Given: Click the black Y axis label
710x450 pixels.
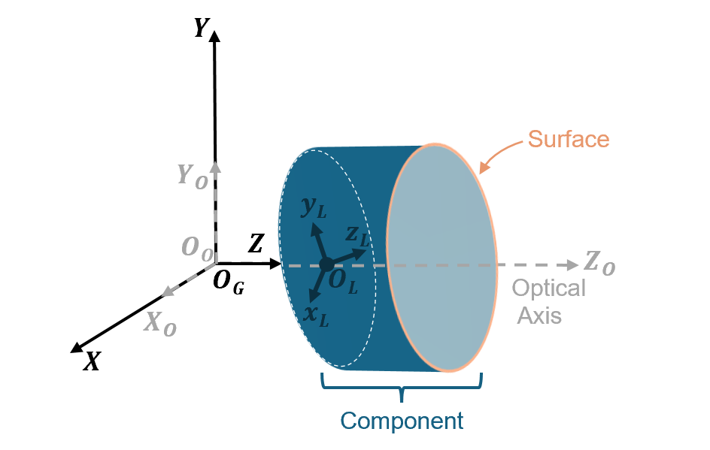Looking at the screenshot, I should [x=201, y=29].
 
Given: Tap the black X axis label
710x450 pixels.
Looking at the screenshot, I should [x=92, y=362].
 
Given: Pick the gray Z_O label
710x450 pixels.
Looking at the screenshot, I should [x=599, y=263].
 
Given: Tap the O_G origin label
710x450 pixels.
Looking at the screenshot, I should [x=228, y=283].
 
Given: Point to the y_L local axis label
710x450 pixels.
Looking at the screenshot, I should [x=314, y=208].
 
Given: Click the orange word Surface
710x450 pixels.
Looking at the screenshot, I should [x=568, y=139].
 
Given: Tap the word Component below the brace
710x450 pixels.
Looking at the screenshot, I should [x=402, y=420].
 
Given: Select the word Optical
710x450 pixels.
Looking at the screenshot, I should [x=548, y=288].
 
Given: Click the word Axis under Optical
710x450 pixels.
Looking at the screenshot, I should [x=539, y=315].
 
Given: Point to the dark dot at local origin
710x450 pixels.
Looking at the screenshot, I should [x=326, y=264].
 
